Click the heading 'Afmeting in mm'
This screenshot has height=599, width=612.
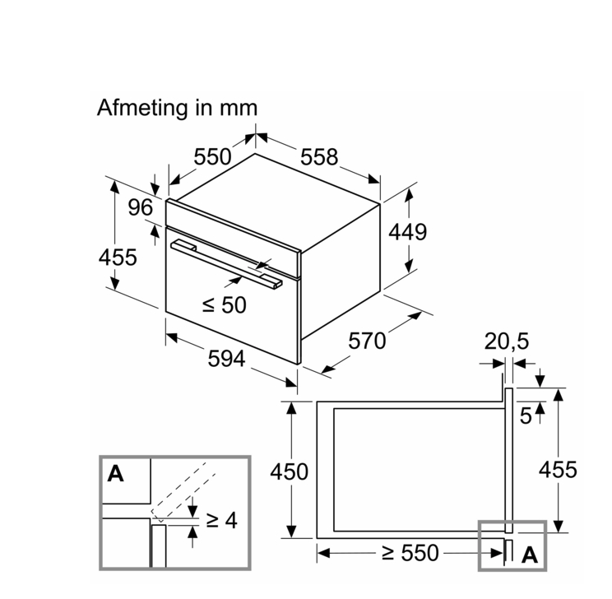click(177, 108)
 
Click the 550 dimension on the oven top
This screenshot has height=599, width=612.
click(212, 156)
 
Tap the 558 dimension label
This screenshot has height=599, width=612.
click(319, 156)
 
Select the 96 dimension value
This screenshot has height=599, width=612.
click(141, 208)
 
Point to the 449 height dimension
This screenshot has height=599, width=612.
click(408, 232)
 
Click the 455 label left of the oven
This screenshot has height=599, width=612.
click(118, 257)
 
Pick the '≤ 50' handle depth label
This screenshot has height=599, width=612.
click(224, 305)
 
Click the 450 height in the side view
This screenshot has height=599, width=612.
click(290, 471)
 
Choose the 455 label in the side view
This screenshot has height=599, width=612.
click(558, 470)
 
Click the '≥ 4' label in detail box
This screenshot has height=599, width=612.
click(220, 520)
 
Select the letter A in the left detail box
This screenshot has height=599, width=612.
click(116, 473)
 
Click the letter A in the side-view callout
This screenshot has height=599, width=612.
click(530, 555)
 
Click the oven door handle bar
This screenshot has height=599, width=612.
click(226, 262)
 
